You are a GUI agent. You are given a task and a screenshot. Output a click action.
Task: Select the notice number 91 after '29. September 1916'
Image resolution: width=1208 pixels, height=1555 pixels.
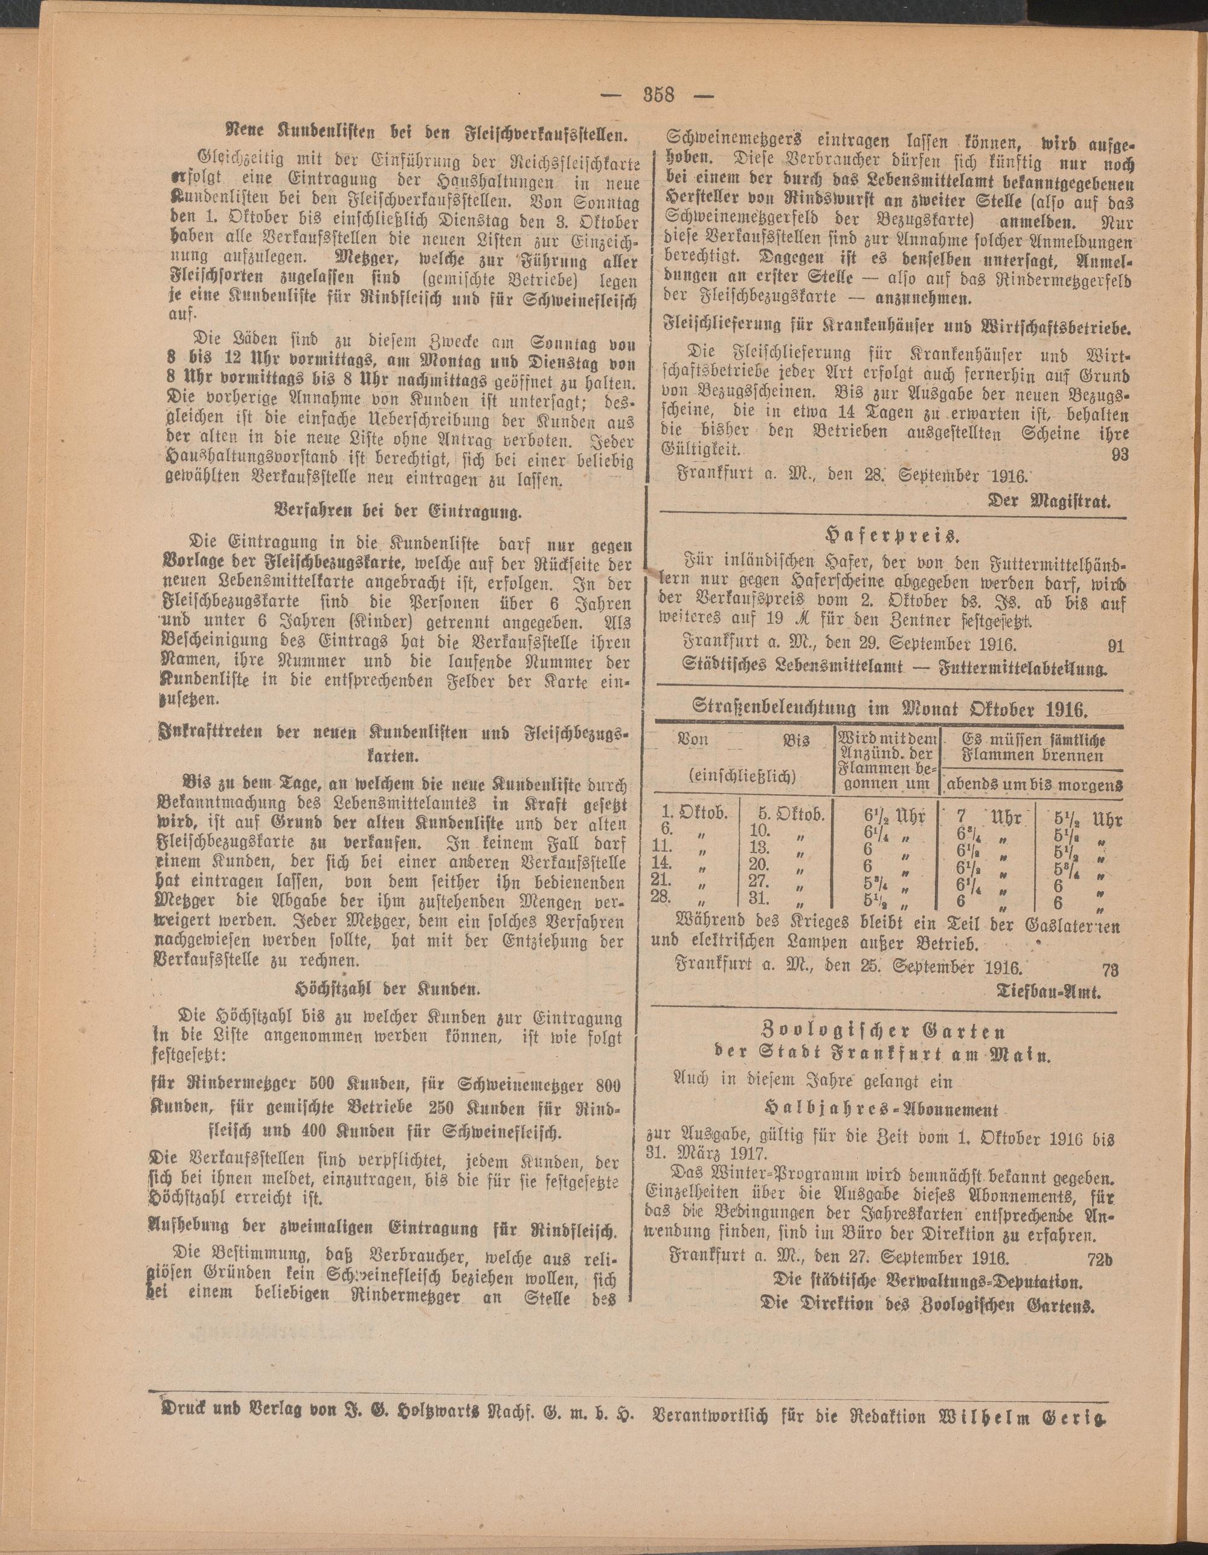(x=1116, y=646)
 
